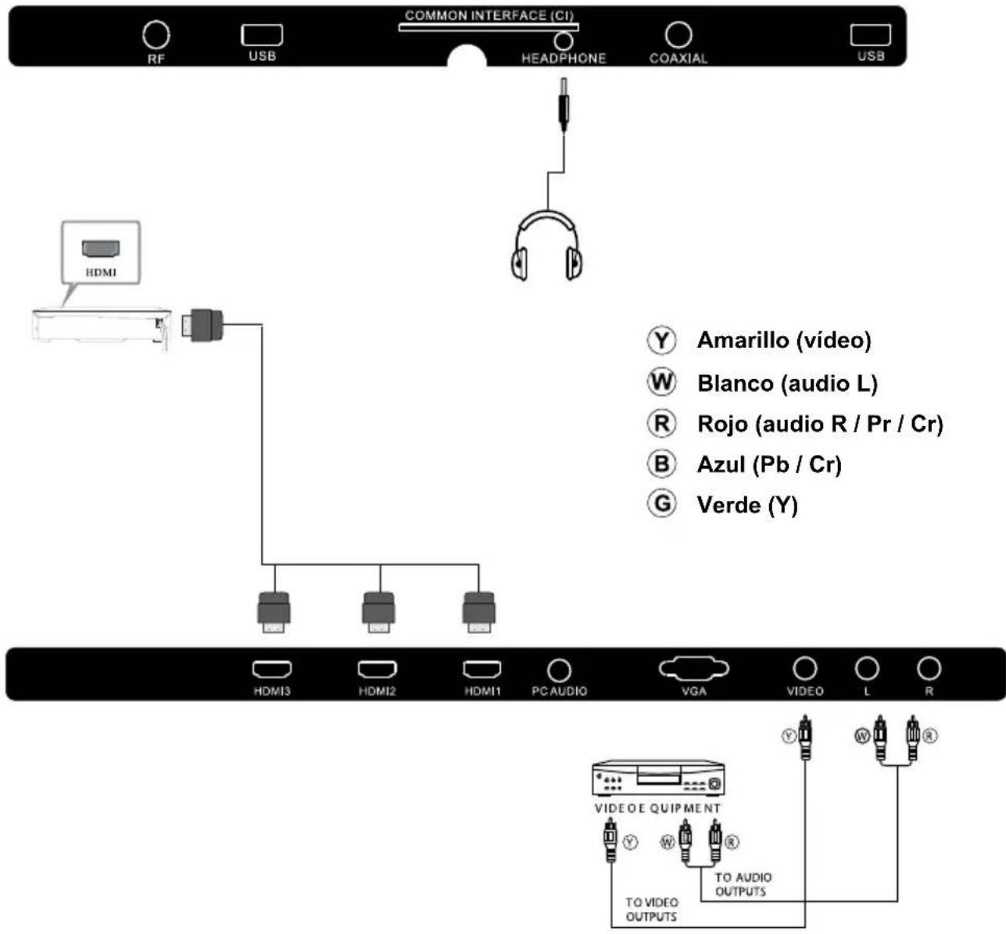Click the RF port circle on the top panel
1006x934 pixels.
pos(156,34)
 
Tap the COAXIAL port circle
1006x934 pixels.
pos(678,34)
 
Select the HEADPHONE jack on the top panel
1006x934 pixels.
pos(563,41)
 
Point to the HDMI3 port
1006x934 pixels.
pos(272,670)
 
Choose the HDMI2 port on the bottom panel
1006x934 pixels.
pos(378,670)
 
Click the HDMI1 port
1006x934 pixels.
pos(482,670)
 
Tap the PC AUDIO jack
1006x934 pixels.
pos(559,670)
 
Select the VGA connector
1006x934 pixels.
pos(694,669)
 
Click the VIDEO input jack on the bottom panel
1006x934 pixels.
pos(805,668)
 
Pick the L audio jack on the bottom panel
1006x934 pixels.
pos(867,668)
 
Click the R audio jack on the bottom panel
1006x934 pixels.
pos(929,668)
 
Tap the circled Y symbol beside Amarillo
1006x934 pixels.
pos(661,340)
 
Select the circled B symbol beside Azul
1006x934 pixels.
pos(661,463)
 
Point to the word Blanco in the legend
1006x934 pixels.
pos(735,383)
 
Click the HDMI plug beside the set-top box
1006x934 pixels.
pos(203,324)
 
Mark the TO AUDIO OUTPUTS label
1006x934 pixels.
pos(742,884)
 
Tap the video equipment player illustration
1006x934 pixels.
pos(659,778)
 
